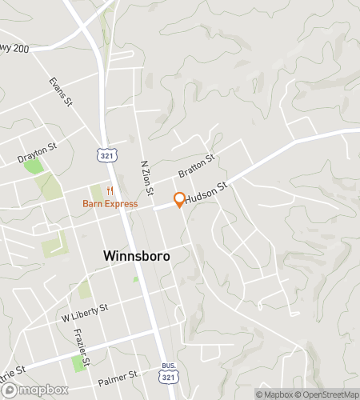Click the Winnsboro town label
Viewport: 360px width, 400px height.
click(x=136, y=255)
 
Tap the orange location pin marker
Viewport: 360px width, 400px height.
click(x=179, y=199)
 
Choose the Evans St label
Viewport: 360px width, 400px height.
click(x=60, y=92)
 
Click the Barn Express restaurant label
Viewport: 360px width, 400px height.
click(x=110, y=203)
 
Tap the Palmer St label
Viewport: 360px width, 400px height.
click(x=118, y=374)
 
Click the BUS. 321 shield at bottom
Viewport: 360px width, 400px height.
click(x=166, y=374)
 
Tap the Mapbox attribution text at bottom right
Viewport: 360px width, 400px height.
click(x=274, y=394)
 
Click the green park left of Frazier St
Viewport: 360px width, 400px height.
click(x=78, y=363)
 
